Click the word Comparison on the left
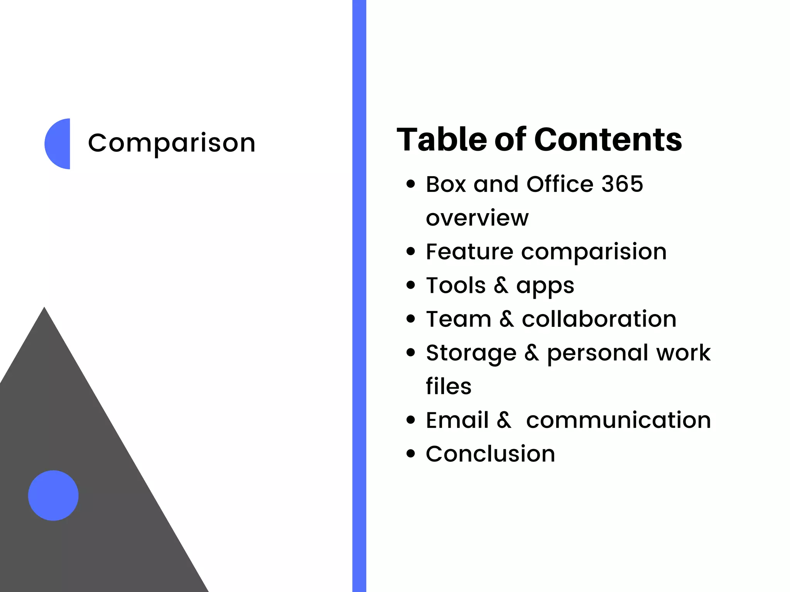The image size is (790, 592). (172, 143)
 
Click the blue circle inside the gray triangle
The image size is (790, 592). (53, 495)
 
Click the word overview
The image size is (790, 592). (477, 218)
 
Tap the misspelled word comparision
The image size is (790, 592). (594, 252)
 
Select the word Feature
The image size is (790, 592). (469, 252)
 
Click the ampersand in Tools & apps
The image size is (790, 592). (501, 285)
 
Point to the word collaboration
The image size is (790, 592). (599, 319)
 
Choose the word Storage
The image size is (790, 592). (471, 353)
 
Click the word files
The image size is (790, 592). (449, 386)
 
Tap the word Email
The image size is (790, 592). (457, 420)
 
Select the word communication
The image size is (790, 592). (618, 420)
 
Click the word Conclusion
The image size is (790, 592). (490, 454)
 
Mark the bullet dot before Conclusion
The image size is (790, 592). (411, 454)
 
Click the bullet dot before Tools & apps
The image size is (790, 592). (411, 285)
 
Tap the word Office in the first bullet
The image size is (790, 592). (560, 184)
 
